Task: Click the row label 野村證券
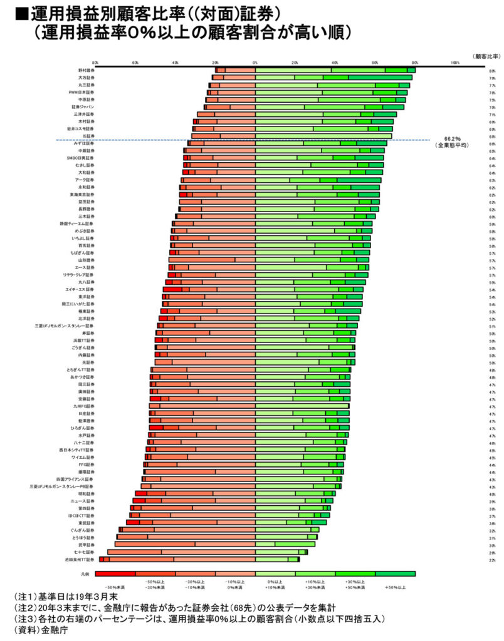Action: tap(86, 71)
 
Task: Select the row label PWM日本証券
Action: tap(81, 93)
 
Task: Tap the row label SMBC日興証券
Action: tap(80, 158)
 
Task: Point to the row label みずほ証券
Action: tap(85, 143)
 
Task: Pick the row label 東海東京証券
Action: tap(82, 194)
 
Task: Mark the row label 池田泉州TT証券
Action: tap(80, 558)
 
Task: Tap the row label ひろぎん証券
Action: tap(83, 428)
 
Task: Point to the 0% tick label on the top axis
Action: tap(255, 63)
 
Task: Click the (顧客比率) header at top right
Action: tap(486, 56)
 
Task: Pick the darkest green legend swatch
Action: tap(395, 573)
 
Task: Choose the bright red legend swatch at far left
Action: tap(115, 573)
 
